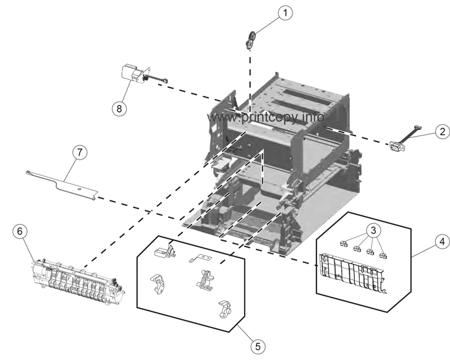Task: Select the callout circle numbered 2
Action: [441, 131]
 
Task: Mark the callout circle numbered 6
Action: [20, 231]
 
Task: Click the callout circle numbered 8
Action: [118, 107]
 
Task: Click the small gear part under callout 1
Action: [250, 40]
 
